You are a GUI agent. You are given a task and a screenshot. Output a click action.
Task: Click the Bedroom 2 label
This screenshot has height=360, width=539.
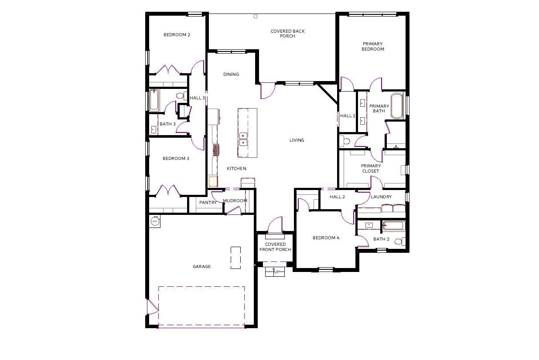[177, 34]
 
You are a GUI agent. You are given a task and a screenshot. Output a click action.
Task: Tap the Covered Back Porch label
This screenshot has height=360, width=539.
[287, 34]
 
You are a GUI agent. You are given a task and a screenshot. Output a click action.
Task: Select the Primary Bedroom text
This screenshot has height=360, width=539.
[373, 46]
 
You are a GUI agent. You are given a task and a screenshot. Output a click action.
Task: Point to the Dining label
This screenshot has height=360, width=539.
[231, 74]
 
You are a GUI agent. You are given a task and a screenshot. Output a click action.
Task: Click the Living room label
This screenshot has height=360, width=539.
[297, 140]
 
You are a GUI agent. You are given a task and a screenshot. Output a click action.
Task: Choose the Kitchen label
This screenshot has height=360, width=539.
[236, 168]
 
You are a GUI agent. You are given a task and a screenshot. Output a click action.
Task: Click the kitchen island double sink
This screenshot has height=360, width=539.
[243, 139]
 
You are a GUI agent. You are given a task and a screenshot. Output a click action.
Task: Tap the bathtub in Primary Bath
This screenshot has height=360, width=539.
[397, 106]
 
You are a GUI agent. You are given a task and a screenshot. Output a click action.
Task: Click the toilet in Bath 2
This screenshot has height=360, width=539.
[400, 241]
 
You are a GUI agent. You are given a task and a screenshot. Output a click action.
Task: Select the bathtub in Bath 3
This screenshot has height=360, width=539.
[154, 100]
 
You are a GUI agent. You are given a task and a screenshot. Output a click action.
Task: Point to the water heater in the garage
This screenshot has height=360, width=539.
[155, 221]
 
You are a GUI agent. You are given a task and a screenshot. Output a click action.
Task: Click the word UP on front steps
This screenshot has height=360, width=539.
[277, 272]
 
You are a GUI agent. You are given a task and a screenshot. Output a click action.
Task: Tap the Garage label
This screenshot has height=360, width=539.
[201, 266]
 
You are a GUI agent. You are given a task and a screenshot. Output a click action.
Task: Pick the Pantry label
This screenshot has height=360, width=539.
[208, 203]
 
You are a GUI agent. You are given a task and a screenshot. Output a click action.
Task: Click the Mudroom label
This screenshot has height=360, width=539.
[235, 200]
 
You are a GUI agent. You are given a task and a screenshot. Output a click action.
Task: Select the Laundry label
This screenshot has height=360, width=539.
[381, 197]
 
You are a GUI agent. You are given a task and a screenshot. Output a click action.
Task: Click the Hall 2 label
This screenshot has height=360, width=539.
[337, 197]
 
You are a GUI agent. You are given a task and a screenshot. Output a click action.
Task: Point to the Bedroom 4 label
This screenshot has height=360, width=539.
[326, 238]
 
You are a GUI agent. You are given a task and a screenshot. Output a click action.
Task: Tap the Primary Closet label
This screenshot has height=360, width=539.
[371, 168]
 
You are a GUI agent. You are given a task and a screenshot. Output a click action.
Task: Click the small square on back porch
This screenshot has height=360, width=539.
[256, 17]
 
